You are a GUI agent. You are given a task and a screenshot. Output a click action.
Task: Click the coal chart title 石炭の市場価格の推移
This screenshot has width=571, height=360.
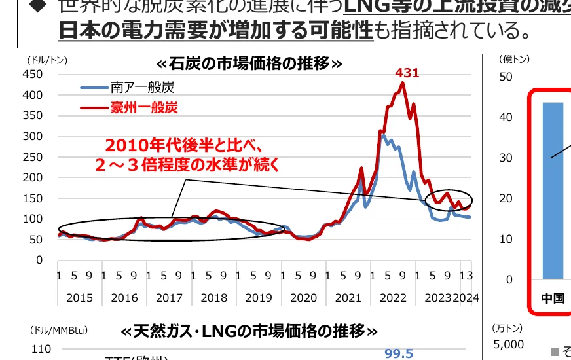[x=249, y=64]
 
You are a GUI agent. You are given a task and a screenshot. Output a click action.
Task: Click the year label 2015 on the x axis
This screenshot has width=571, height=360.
[x=80, y=298]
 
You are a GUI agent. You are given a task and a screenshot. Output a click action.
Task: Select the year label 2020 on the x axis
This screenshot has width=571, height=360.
[x=303, y=298]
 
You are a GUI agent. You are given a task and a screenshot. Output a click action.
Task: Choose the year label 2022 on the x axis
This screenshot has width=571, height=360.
[x=393, y=298]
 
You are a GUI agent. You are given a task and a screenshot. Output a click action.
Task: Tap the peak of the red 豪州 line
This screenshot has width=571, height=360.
[x=403, y=82]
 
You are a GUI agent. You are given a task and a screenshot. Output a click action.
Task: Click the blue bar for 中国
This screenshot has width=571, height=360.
[x=553, y=190]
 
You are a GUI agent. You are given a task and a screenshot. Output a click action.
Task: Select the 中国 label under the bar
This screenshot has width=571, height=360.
[x=553, y=298]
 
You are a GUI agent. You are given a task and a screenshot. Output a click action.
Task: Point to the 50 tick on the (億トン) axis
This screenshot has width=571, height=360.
[x=505, y=77]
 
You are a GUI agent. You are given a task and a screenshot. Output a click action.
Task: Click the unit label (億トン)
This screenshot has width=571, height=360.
[x=514, y=59]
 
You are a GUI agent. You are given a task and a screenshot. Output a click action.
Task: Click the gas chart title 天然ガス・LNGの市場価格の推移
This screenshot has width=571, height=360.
[x=249, y=331]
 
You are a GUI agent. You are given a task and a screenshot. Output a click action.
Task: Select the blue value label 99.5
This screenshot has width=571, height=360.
[x=399, y=353]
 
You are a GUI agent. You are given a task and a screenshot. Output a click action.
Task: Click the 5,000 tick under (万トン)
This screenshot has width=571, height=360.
[x=508, y=344]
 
